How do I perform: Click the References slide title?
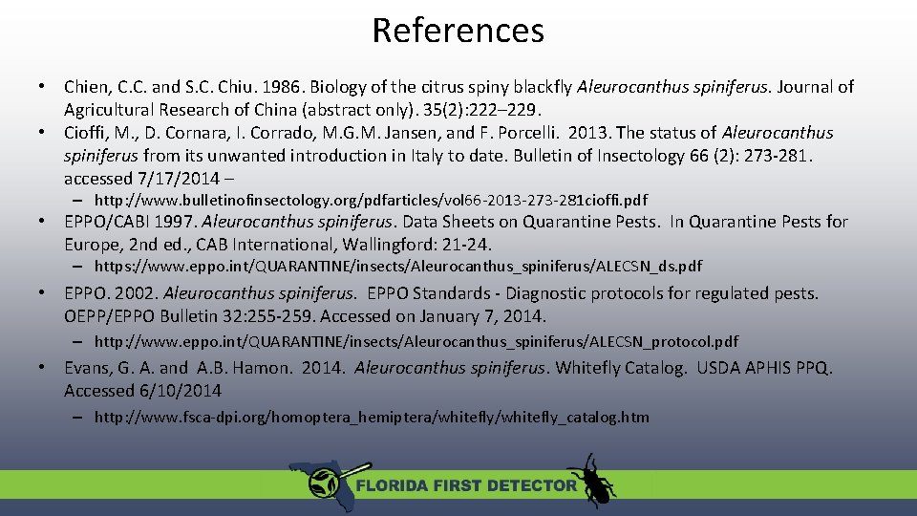458,31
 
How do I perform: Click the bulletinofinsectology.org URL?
371,201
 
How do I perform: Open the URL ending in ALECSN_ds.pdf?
398,267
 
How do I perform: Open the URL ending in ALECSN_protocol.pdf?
416,341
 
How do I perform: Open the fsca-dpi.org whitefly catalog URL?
372,417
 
